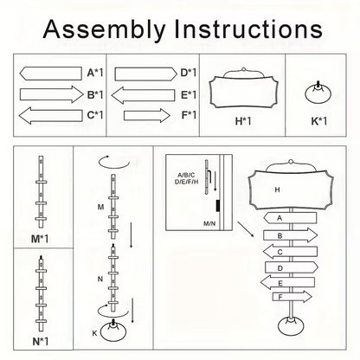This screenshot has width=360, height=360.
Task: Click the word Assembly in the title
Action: [x=104, y=29]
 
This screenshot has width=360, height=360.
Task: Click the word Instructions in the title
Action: [x=248, y=29]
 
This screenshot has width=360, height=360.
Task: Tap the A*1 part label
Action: [x=95, y=73]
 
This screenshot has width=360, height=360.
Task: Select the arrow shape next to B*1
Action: [x=51, y=94]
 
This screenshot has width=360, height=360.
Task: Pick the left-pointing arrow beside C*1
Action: [x=51, y=116]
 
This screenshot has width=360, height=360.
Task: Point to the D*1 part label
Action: [x=189, y=73]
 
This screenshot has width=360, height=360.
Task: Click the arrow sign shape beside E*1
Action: [x=143, y=95]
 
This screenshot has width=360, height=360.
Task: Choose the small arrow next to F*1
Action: [x=147, y=116]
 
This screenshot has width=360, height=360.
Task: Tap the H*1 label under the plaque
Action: [x=243, y=121]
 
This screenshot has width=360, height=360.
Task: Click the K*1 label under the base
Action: [x=319, y=121]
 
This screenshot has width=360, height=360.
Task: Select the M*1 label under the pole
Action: [x=40, y=239]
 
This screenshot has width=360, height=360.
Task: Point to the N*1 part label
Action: [x=41, y=342]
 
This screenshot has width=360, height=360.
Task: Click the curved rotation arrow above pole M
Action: [x=114, y=162]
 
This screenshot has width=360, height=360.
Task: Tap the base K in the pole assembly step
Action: [x=113, y=331]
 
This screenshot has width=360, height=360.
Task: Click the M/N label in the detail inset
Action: [x=209, y=223]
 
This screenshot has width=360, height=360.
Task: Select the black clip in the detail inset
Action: [x=218, y=206]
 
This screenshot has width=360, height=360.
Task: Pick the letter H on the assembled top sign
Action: [x=277, y=190]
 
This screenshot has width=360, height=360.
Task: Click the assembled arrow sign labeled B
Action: [x=291, y=235]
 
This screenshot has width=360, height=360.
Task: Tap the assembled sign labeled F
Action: [x=292, y=297]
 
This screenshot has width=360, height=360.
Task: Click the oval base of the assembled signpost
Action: [x=291, y=326]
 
